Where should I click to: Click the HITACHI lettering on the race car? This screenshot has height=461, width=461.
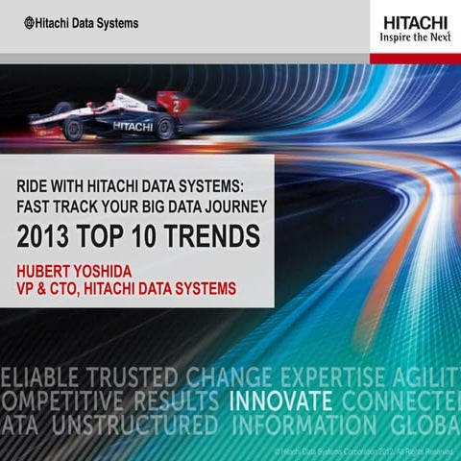(x=133, y=126)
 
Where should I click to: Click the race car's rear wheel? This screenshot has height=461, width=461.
(x=166, y=128)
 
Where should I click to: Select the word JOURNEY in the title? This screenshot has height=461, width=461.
(x=236, y=205)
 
